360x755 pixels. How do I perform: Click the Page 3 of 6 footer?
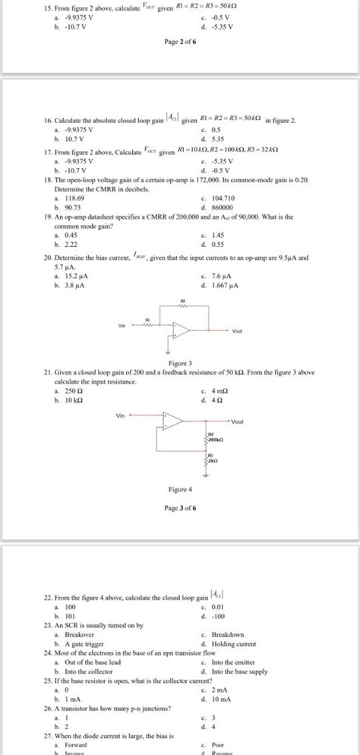point(180,507)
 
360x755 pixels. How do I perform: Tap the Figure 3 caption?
point(180,363)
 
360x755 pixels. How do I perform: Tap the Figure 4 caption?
point(180,490)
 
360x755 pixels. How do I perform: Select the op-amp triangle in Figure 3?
point(181,329)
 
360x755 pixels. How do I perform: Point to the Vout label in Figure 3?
point(239,331)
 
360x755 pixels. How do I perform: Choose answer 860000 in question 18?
point(221,207)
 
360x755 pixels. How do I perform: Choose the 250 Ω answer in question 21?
point(76,391)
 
